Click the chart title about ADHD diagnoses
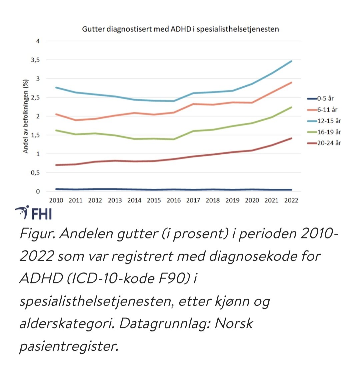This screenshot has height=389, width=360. (x=180, y=29)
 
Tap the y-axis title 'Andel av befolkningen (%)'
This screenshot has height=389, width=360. (x=26, y=116)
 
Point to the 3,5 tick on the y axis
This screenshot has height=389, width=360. (x=35, y=60)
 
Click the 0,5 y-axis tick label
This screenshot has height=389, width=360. (x=35, y=173)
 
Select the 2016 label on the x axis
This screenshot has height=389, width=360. (x=174, y=200)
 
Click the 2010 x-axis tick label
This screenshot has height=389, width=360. (x=56, y=200)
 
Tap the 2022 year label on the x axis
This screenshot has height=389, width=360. (x=291, y=200)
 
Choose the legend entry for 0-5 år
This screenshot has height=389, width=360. (x=321, y=99)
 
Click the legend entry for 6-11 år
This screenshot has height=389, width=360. (x=322, y=110)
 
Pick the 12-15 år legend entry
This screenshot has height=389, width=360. (x=324, y=121)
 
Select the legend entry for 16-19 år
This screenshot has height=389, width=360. (x=324, y=132)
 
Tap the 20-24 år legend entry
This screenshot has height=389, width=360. (x=324, y=143)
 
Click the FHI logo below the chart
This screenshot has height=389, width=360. (x=34, y=213)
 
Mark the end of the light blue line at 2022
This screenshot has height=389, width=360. (x=291, y=61)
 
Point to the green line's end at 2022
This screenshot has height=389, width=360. (x=291, y=107)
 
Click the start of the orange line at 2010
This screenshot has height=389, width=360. (x=56, y=114)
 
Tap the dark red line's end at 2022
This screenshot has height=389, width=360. (x=291, y=138)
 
